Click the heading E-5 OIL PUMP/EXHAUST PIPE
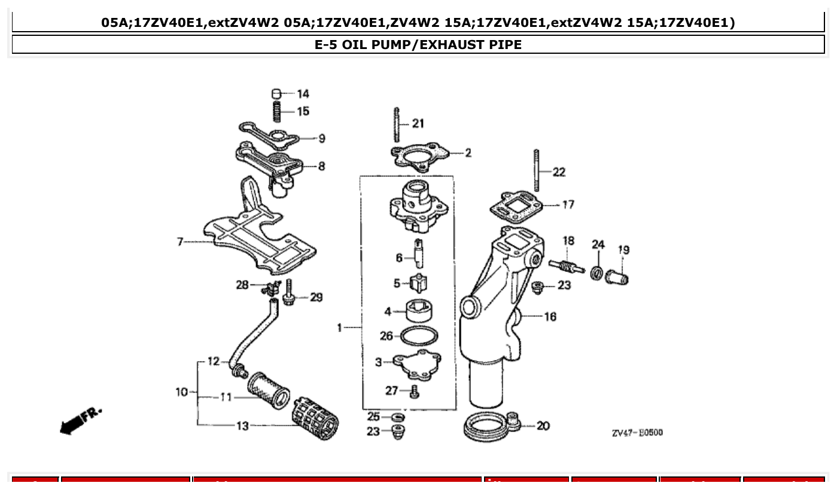tap(418, 45)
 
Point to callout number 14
tap(303, 94)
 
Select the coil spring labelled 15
tap(276, 111)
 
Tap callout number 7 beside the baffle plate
tap(179, 242)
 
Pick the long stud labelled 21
tap(396, 124)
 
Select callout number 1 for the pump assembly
tap(339, 328)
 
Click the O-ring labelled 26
tap(419, 336)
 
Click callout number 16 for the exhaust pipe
tap(550, 316)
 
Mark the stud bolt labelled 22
tap(537, 170)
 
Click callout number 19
tap(623, 250)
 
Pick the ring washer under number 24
tap(597, 273)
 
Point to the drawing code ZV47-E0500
tap(637, 433)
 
